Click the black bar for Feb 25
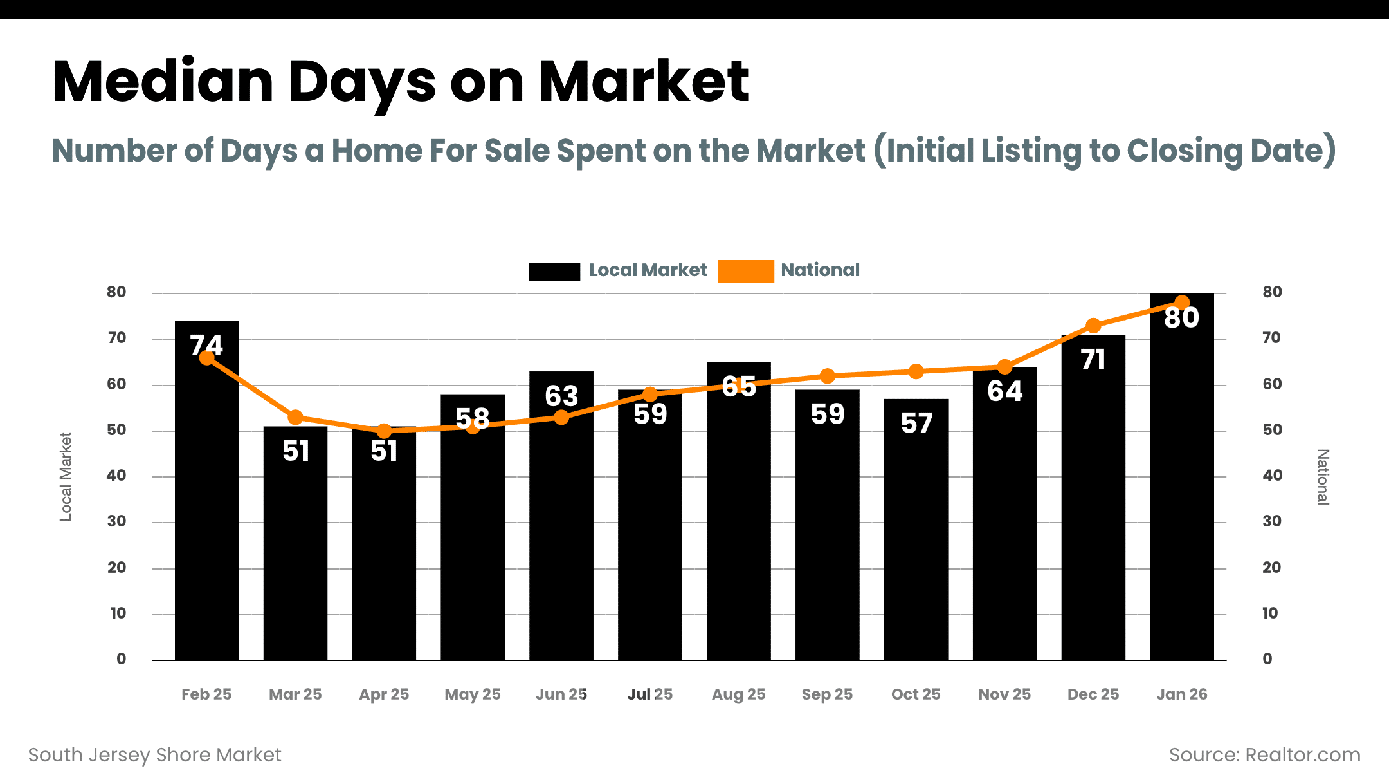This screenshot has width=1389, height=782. (x=206, y=515)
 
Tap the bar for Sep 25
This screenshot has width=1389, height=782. (x=827, y=534)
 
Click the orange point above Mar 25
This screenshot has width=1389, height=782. (x=295, y=418)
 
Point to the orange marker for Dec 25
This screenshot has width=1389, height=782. (x=1093, y=326)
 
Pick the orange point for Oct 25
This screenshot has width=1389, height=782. (x=916, y=371)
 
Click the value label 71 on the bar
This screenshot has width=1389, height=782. (x=1093, y=360)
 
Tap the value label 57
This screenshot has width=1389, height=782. (x=916, y=424)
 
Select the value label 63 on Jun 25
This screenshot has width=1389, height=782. (x=561, y=396)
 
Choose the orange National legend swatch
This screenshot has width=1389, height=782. (x=745, y=271)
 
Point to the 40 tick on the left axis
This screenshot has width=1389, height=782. (x=116, y=476)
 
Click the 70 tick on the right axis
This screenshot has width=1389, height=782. (x=1271, y=338)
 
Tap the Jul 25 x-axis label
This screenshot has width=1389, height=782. (x=649, y=694)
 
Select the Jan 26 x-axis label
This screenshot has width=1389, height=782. (x=1181, y=694)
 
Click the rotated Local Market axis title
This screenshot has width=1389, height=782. (x=66, y=476)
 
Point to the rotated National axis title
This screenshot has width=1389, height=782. (x=1323, y=477)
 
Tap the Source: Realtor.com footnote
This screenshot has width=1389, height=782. (x=1264, y=755)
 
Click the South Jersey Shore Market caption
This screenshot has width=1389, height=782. (x=154, y=755)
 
